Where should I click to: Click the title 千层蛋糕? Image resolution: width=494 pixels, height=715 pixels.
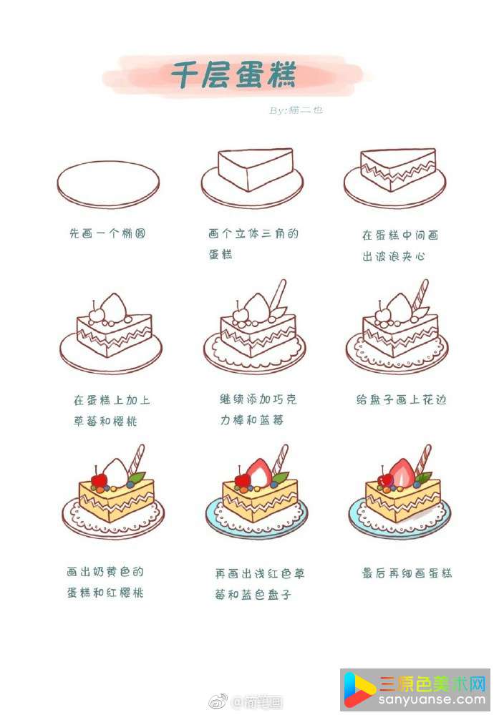pyautogui.click(x=233, y=74)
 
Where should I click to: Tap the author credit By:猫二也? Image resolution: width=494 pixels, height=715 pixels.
pyautogui.click(x=296, y=110)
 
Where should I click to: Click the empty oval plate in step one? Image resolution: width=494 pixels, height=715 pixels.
pyautogui.click(x=108, y=184)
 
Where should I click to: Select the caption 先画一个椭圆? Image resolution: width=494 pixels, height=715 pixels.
pyautogui.click(x=107, y=233)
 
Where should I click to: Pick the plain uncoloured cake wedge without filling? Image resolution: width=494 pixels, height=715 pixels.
pyautogui.click(x=256, y=169)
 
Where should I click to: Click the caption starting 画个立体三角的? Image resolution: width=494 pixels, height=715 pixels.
pyautogui.click(x=253, y=243)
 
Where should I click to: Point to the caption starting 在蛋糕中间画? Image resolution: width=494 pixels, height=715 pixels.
pyautogui.click(x=400, y=245)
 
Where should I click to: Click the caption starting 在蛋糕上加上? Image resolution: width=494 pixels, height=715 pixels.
pyautogui.click(x=112, y=410)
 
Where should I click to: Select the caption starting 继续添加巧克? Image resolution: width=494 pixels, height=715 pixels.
pyautogui.click(x=258, y=409)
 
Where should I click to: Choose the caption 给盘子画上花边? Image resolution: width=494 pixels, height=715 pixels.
pyautogui.click(x=401, y=400)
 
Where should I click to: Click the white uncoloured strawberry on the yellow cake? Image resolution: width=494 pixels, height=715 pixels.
pyautogui.click(x=115, y=473)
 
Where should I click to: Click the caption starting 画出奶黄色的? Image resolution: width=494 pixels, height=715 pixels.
pyautogui.click(x=105, y=582)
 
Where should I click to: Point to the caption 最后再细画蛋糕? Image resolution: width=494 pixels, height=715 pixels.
pyautogui.click(x=407, y=573)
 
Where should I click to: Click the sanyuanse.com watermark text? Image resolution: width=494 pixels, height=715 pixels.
pyautogui.click(x=432, y=700)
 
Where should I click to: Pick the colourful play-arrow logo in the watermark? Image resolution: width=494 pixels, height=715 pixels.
pyautogui.click(x=359, y=689)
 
